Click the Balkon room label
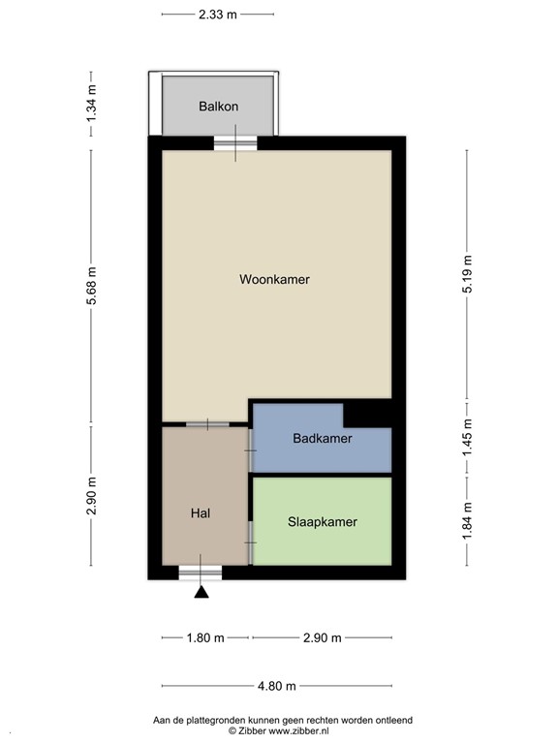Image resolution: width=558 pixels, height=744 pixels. pyautogui.click(x=218, y=107)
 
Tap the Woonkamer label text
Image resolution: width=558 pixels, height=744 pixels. pyautogui.click(x=274, y=279)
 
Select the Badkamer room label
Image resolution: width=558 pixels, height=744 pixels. pyautogui.click(x=322, y=438)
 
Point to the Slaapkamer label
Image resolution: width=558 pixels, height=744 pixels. pyautogui.click(x=322, y=521)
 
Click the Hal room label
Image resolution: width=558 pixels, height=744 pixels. pyautogui.click(x=201, y=514)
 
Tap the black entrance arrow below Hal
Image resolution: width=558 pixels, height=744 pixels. pyautogui.click(x=201, y=592)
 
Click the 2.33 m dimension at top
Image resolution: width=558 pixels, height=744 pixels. pyautogui.click(x=217, y=15)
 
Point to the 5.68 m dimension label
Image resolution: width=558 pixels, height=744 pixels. pyautogui.click(x=91, y=288)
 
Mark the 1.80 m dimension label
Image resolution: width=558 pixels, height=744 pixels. pyautogui.click(x=204, y=637)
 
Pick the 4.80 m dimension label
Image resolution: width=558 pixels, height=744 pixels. pyautogui.click(x=276, y=686)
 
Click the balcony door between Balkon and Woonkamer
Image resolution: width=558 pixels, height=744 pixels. pyautogui.click(x=235, y=144)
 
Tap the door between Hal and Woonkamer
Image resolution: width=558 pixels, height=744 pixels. pyautogui.click(x=207, y=424)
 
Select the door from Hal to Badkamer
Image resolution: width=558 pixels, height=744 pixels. pyautogui.click(x=250, y=444)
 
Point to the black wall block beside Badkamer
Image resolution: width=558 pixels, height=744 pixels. pyautogui.click(x=368, y=414)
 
